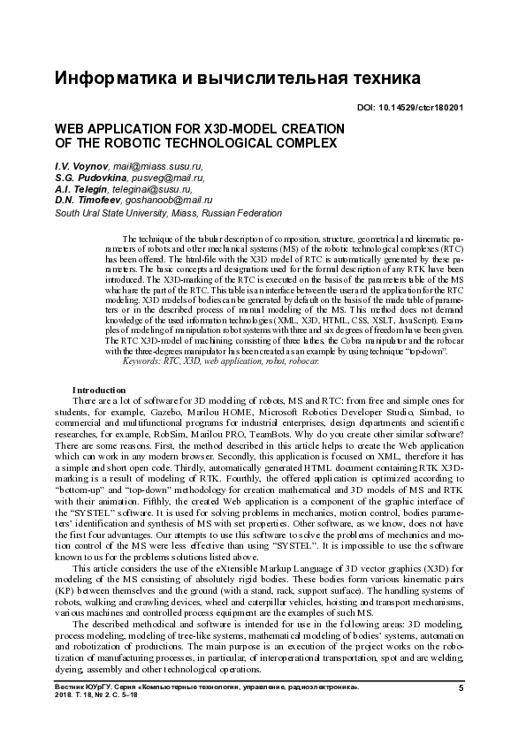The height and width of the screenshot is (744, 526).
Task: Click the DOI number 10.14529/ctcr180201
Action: (x=422, y=108)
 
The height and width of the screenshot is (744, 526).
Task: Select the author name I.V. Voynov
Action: (x=75, y=165)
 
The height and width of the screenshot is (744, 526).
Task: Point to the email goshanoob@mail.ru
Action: (x=172, y=201)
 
